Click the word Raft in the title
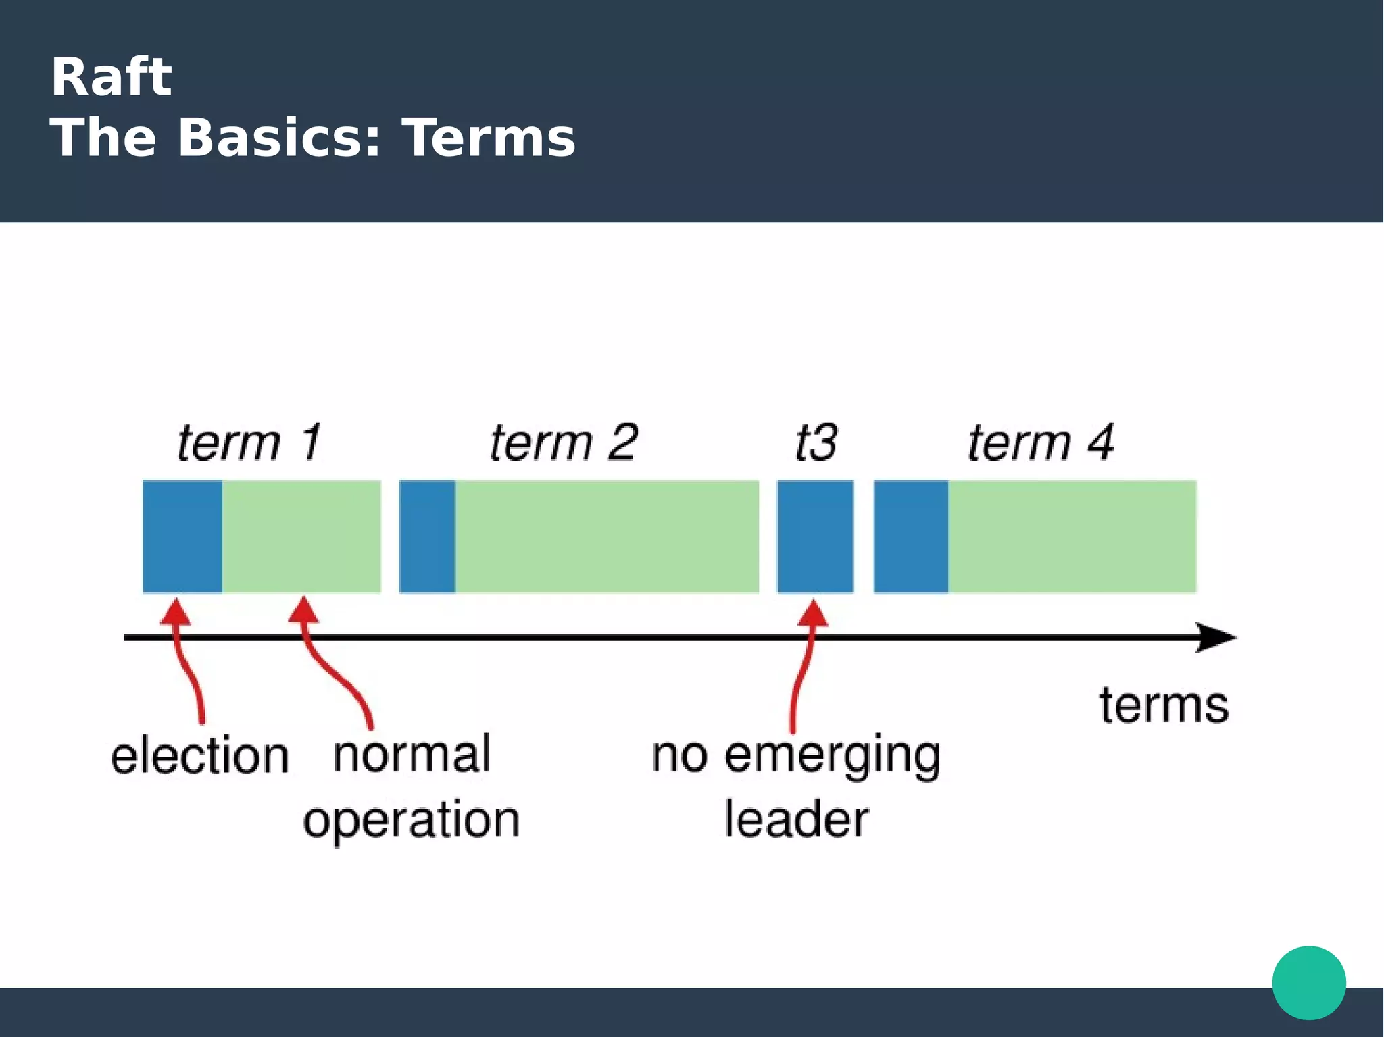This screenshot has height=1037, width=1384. (x=111, y=77)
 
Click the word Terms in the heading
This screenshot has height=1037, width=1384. (x=489, y=138)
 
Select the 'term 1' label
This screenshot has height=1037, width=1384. (x=249, y=443)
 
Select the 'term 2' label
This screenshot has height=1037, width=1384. (x=564, y=443)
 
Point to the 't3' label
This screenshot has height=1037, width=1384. (x=816, y=443)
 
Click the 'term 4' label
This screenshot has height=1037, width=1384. (x=1041, y=443)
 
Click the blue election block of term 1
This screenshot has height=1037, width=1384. (x=182, y=536)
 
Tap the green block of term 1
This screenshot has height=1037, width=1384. (x=301, y=536)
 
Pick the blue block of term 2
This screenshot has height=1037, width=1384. (x=427, y=536)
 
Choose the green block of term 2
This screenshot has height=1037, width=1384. (x=607, y=536)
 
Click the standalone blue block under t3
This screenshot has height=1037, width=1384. (x=815, y=536)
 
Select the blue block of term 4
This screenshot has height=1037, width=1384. (x=911, y=536)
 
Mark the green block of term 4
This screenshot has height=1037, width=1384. (x=1072, y=536)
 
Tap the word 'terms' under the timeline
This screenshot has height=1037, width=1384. (x=1164, y=705)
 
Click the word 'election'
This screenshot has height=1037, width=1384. (x=200, y=755)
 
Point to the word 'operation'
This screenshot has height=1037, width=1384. (x=412, y=820)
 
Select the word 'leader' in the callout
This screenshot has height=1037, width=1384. (x=797, y=819)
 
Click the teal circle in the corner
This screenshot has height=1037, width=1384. (x=1309, y=983)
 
